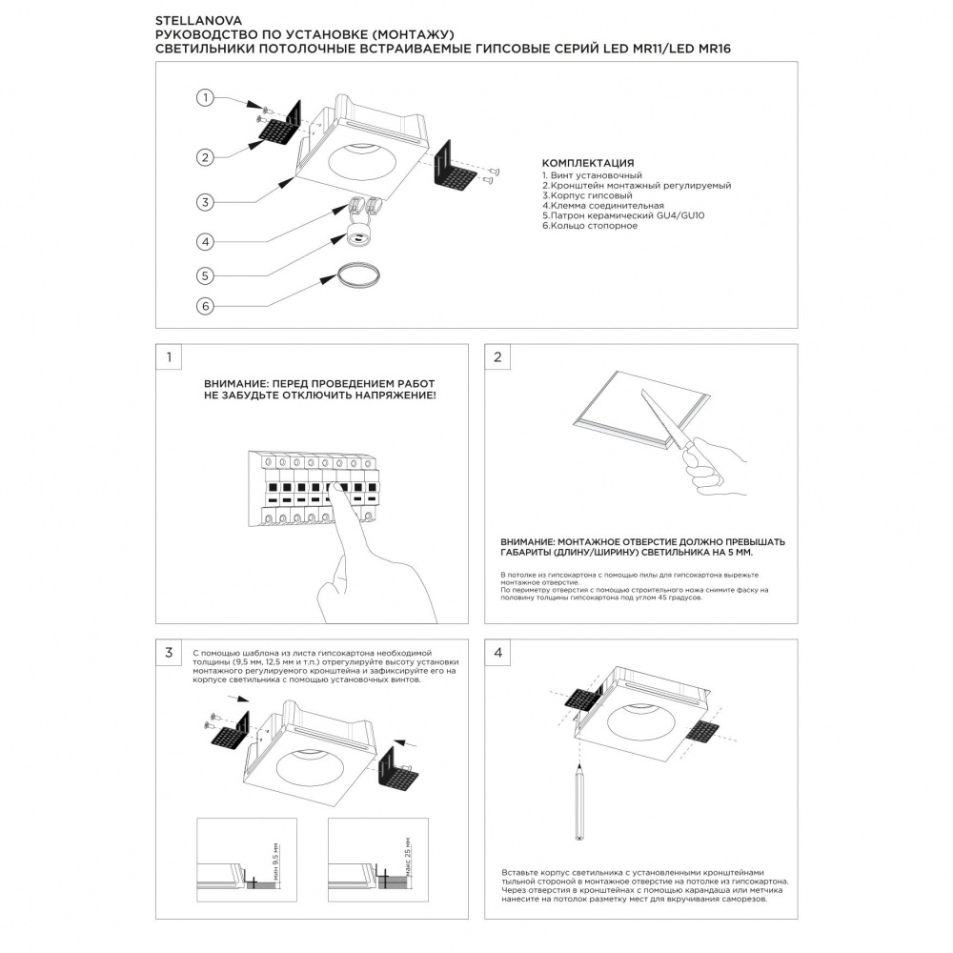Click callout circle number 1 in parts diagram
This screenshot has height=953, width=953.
pyautogui.click(x=204, y=97)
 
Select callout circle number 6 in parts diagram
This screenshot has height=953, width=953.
pyautogui.click(x=204, y=306)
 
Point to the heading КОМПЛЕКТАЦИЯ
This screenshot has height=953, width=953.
pyautogui.click(x=587, y=163)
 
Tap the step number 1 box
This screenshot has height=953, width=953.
pyautogui.click(x=169, y=357)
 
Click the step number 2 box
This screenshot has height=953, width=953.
pyautogui.click(x=497, y=357)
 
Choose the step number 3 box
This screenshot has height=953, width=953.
pyautogui.click(x=169, y=653)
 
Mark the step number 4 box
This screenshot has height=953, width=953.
pyautogui.click(x=497, y=653)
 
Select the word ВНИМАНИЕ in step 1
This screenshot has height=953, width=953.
pyautogui.click(x=233, y=383)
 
